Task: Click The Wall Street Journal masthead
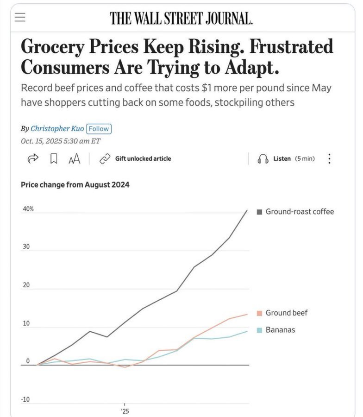[181, 18]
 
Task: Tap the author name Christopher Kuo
[57, 129]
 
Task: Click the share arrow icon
[32, 159]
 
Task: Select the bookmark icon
[54, 159]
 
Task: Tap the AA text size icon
[74, 159]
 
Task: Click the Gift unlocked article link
[143, 159]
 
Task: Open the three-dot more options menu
[329, 159]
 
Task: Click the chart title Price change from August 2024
[75, 185]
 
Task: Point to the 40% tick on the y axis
[28, 209]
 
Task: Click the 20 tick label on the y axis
[26, 285]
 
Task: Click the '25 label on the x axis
[125, 411]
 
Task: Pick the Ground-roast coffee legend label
[299, 212]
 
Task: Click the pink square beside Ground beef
[260, 313]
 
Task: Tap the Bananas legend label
[280, 330]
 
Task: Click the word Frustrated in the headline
[288, 47]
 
